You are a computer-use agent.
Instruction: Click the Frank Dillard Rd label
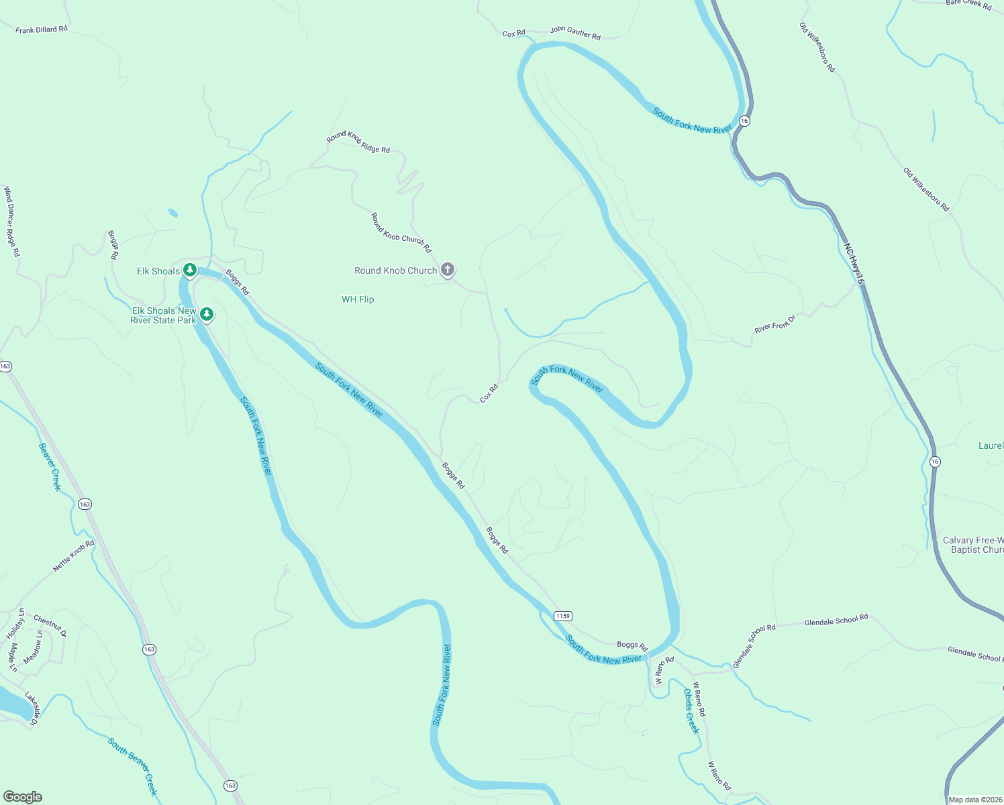point(42,30)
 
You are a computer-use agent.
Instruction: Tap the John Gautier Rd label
point(575,32)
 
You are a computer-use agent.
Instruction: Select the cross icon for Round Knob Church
point(448,270)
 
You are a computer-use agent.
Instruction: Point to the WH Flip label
point(358,299)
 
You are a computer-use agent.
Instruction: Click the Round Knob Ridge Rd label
point(358,142)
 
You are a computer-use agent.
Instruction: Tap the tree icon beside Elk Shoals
point(190,270)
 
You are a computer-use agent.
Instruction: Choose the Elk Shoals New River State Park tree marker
point(207,314)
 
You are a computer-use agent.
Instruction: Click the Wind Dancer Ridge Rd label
point(11,221)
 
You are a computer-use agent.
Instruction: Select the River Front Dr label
point(774,324)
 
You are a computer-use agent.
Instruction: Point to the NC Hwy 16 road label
point(854,263)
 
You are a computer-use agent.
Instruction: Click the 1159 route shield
point(562,616)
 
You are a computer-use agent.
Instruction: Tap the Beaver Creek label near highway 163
point(50,466)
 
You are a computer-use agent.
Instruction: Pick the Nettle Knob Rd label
point(74,556)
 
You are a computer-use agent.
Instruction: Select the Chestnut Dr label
point(50,625)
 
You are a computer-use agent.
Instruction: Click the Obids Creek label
point(691,711)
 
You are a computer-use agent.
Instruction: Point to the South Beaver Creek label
point(133,766)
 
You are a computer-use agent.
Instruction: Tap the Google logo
point(22,797)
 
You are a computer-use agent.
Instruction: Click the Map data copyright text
point(975,800)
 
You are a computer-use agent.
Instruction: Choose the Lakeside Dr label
point(31,708)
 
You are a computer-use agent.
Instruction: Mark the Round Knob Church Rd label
point(401,232)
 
